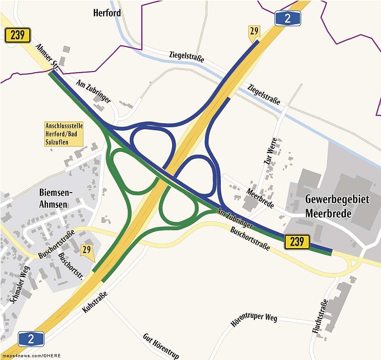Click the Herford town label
coord(107,12)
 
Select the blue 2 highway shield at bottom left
coord(30,338)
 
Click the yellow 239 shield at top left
coord(18,35)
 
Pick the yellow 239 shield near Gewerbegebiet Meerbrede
coord(297,241)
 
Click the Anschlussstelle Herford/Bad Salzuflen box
coord(65,134)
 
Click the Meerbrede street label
coord(260,198)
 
